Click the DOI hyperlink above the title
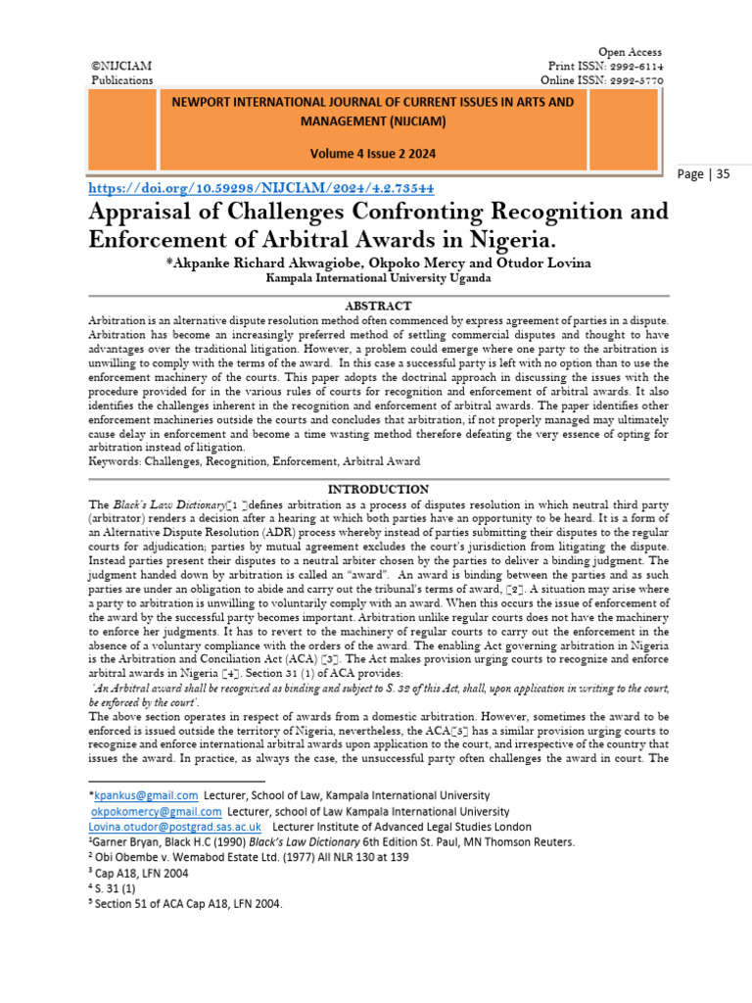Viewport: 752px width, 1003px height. tap(261, 186)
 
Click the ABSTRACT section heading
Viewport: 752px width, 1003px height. tap(377, 306)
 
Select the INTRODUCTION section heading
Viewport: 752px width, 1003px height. tap(377, 488)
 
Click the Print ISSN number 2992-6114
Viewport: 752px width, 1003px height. tap(634, 66)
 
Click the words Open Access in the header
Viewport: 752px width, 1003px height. tap(630, 52)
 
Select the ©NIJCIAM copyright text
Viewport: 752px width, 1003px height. tap(121, 66)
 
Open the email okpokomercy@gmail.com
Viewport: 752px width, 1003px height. tap(158, 811)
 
